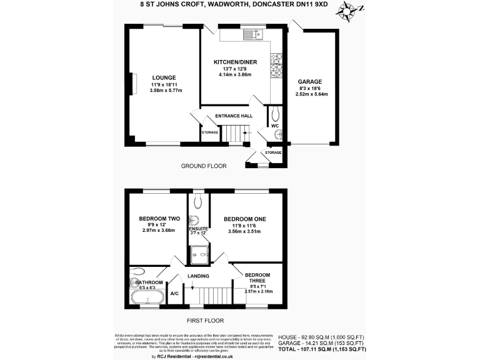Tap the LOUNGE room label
[x=164, y=77]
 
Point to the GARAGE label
[x=310, y=82]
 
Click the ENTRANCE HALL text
[x=234, y=116]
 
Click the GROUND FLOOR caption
[x=204, y=166]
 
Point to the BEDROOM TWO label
[x=159, y=219]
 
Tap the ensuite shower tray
[x=200, y=252]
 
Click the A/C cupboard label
[x=174, y=293]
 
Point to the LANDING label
[x=198, y=276]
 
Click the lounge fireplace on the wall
[x=132, y=83]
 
